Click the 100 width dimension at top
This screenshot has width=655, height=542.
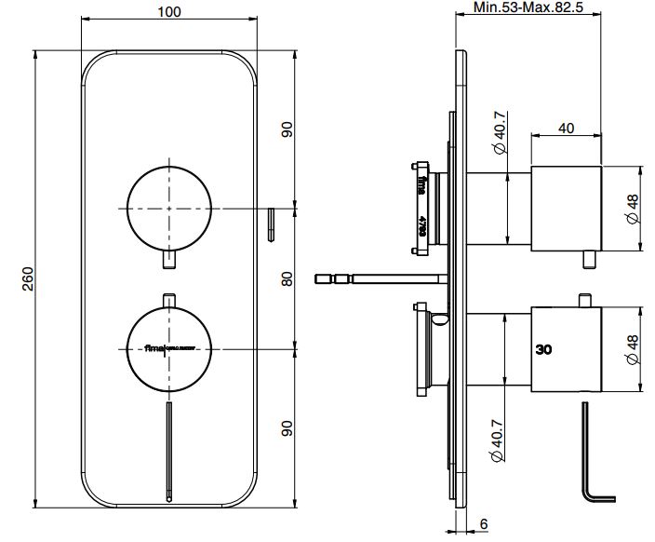point(169,12)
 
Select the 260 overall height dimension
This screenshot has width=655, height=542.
point(27,278)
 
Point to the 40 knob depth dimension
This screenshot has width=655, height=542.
point(567,129)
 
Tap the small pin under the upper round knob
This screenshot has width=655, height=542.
point(168,260)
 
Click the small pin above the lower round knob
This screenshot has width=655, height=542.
point(168,299)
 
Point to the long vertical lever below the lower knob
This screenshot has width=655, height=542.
point(168,447)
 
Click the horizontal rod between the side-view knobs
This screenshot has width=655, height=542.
point(381,277)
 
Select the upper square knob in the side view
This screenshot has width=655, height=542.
point(566,208)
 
